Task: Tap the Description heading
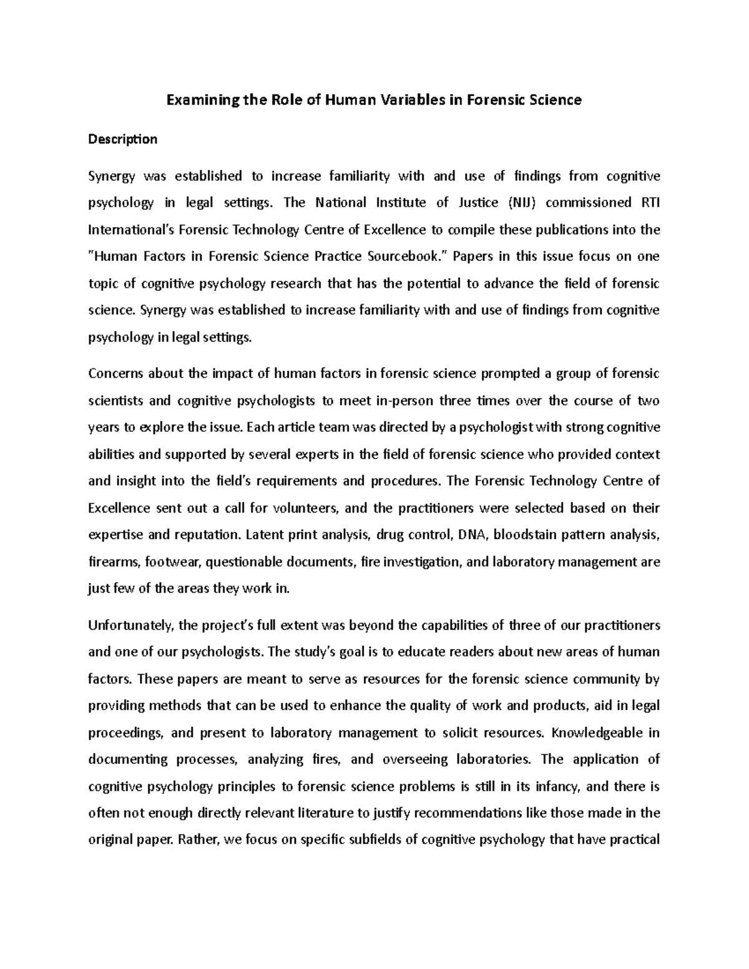click(123, 139)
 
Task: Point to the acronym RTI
click(649, 203)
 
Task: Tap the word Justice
click(476, 203)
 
